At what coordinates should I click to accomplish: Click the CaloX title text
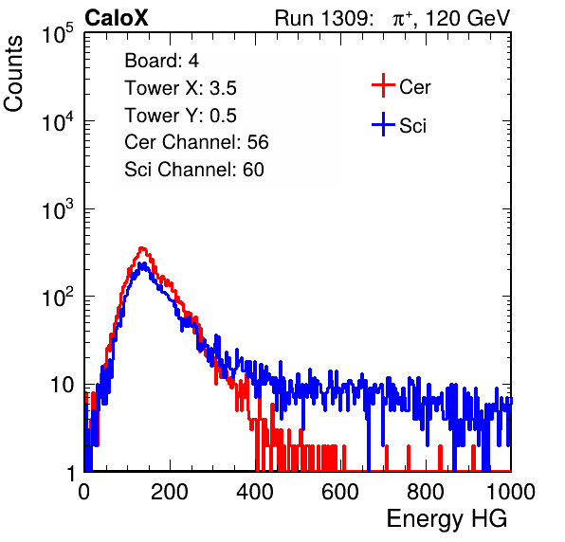pos(117,18)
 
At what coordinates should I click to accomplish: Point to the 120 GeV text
pos(468,18)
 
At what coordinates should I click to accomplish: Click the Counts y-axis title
pos(13,74)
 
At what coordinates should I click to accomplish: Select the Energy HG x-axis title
pos(447,519)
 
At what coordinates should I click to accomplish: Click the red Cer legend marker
pos(383,85)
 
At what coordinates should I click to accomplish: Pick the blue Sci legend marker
pos(383,125)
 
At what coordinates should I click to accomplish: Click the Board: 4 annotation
pos(161,61)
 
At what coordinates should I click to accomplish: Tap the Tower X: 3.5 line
pos(180,88)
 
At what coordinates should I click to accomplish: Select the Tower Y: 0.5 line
pos(180,116)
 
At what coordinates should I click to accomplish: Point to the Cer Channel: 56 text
pos(196,142)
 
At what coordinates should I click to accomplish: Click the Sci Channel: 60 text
pos(194,170)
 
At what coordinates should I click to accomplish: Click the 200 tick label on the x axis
pos(170,492)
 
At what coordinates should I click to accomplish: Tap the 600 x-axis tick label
pos(340,492)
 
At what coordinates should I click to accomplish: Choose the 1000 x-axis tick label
pos(511,492)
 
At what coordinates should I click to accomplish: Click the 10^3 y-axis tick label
pos(58,209)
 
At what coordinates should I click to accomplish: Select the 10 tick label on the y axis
pos(62,386)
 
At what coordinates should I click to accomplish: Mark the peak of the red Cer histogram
pos(142,247)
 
